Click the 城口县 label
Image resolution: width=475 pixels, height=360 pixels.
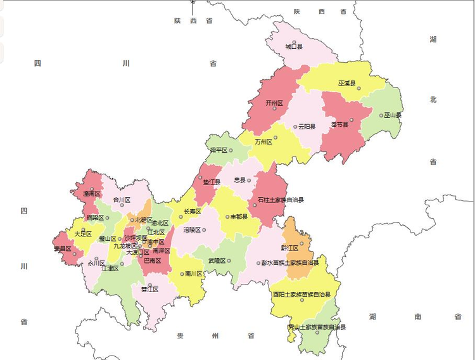click(x=293, y=47)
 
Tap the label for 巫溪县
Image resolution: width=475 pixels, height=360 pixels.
click(x=346, y=83)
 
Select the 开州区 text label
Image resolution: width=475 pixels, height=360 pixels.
click(x=274, y=103)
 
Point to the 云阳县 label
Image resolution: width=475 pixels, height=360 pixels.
click(x=307, y=127)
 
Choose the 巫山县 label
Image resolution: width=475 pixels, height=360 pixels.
click(x=392, y=115)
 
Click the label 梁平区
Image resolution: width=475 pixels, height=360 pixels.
click(x=218, y=150)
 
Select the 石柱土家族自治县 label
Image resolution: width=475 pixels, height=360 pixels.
click(x=280, y=200)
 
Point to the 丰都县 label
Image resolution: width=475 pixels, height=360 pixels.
click(x=239, y=217)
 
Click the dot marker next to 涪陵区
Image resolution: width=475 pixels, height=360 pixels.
click(x=204, y=229)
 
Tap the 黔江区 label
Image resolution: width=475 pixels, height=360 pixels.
click(x=289, y=248)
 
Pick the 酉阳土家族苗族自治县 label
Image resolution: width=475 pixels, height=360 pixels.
click(x=301, y=294)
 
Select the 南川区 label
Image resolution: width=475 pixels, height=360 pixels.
click(x=193, y=274)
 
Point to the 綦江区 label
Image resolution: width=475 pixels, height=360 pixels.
click(x=149, y=290)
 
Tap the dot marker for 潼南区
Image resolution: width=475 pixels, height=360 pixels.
click(x=92, y=189)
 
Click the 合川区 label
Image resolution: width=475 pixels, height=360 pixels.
click(x=121, y=200)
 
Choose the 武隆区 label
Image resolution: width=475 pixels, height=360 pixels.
click(x=217, y=260)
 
